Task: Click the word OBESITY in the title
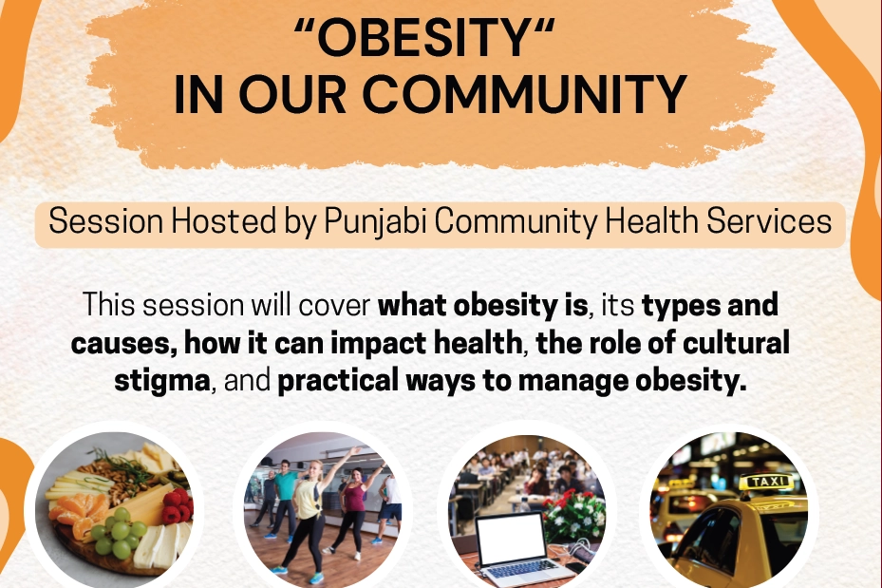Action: (424, 38)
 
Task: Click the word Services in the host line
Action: (769, 220)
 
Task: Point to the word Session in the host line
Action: (105, 220)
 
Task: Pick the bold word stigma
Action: (162, 381)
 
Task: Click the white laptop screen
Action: (511, 538)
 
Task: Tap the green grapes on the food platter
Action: (118, 533)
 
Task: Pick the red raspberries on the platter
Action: (178, 505)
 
